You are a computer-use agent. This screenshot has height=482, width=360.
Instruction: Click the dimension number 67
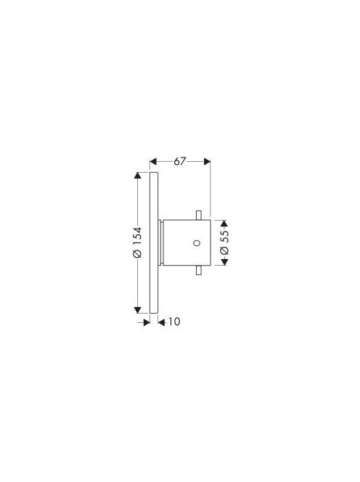click(180, 161)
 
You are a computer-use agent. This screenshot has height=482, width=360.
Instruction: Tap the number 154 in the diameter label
click(137, 237)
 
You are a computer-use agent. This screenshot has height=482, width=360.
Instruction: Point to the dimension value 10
click(174, 322)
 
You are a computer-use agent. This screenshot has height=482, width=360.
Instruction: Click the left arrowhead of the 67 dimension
click(153, 161)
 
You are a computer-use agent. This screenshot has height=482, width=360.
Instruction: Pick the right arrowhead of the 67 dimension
click(207, 161)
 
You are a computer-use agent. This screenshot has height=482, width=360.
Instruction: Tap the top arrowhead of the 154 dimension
click(137, 176)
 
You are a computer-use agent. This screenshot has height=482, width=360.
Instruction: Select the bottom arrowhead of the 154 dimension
click(137, 310)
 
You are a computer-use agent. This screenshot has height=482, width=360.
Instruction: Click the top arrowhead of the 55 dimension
click(224, 224)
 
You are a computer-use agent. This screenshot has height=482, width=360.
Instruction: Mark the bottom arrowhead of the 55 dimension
click(224, 262)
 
